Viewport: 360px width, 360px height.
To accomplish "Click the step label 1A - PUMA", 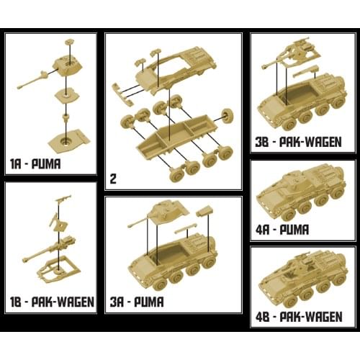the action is point(35,164).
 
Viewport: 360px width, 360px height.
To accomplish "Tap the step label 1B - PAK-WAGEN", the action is point(52,302).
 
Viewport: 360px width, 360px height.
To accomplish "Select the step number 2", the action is point(113,179).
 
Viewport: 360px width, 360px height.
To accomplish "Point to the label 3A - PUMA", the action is point(137,302).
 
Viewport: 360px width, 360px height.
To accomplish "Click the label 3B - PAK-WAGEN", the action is point(298,142).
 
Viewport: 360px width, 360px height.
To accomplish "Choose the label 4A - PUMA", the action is point(282,230).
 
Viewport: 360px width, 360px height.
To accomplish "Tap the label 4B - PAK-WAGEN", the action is point(299,317).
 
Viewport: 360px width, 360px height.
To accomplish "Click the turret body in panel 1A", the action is point(68,66).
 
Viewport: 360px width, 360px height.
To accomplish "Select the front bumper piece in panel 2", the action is point(122,94).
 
